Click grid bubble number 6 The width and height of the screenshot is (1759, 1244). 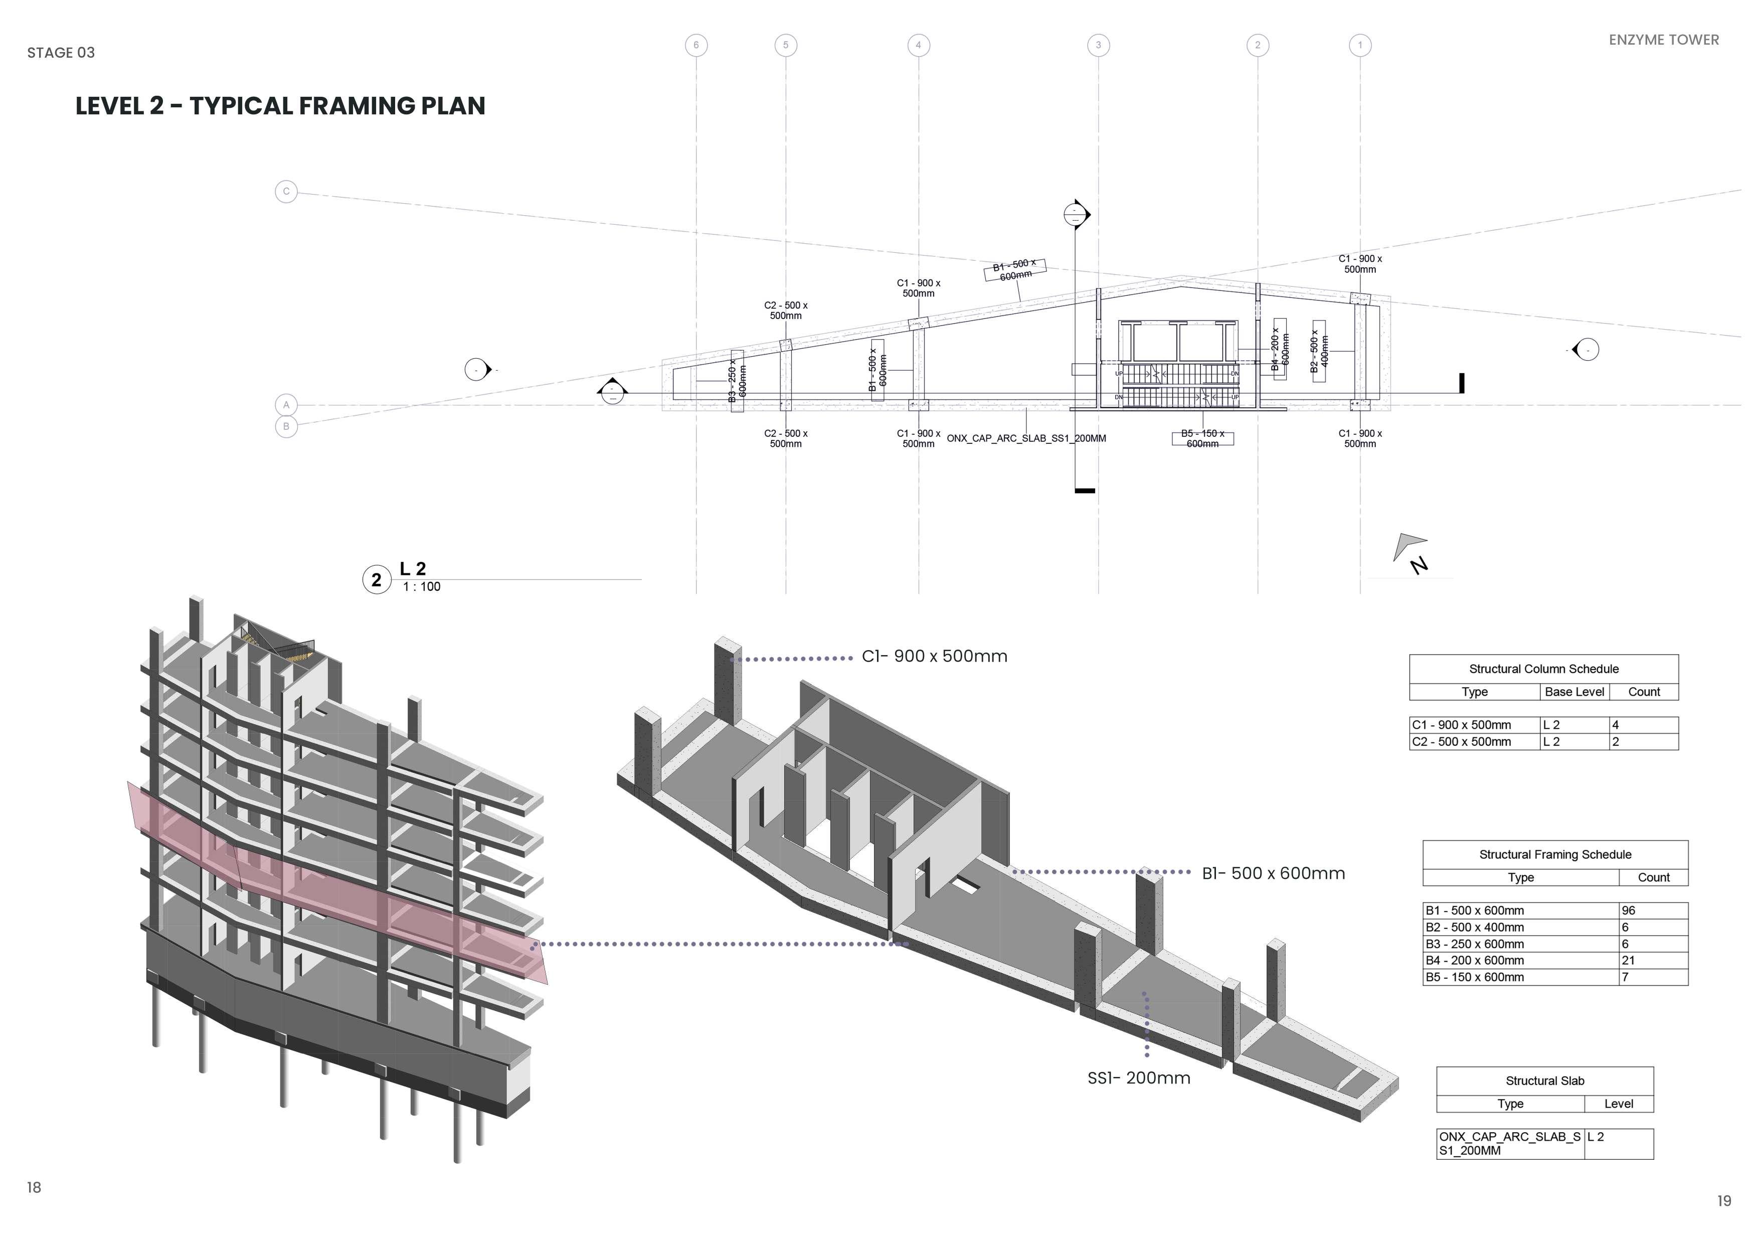pyautogui.click(x=695, y=45)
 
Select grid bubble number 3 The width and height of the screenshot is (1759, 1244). pyautogui.click(x=1098, y=45)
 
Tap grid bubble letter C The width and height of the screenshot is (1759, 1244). pyautogui.click(x=286, y=192)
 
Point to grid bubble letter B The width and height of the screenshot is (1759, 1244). pyautogui.click(x=286, y=426)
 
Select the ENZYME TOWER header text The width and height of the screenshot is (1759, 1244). pyautogui.click(x=1663, y=40)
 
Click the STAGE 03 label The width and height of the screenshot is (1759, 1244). pyautogui.click(x=61, y=53)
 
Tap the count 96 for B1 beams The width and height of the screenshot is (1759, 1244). pyautogui.click(x=1628, y=910)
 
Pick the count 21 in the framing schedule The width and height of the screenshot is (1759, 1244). pyautogui.click(x=1628, y=961)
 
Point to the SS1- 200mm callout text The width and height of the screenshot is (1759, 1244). pyautogui.click(x=1138, y=1078)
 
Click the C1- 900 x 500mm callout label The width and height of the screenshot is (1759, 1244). pyautogui.click(x=934, y=657)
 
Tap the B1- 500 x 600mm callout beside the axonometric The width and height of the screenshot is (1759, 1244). pyautogui.click(x=1273, y=874)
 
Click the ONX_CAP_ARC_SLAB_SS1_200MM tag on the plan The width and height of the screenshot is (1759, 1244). pyautogui.click(x=1026, y=439)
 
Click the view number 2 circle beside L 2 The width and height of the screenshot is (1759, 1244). pyautogui.click(x=376, y=580)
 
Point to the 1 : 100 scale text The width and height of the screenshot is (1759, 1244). pyautogui.click(x=421, y=587)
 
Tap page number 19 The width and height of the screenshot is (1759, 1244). pyautogui.click(x=1724, y=1201)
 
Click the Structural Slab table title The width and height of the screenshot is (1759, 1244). pyautogui.click(x=1544, y=1081)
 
